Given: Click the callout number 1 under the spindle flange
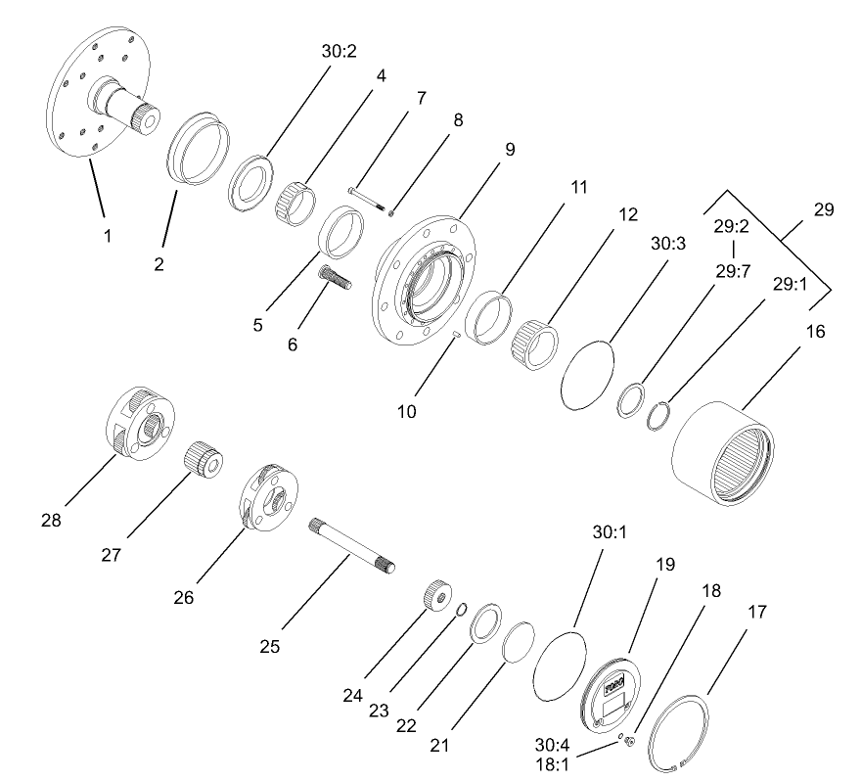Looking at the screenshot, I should [108, 235].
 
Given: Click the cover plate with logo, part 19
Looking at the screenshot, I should [611, 697].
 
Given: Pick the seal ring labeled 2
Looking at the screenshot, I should [197, 156].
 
